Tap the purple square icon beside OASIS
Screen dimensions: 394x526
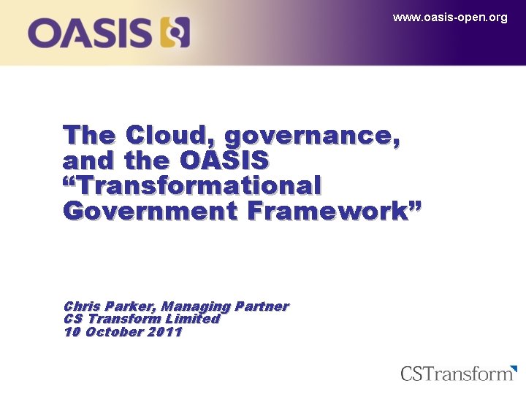(x=175, y=34)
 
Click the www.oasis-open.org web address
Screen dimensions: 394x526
(x=449, y=18)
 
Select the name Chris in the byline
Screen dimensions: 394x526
(x=83, y=306)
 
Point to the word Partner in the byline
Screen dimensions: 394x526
(x=262, y=306)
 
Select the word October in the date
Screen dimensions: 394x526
(x=113, y=332)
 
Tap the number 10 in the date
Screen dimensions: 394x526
(x=72, y=332)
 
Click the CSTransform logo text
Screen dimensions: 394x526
(x=457, y=374)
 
